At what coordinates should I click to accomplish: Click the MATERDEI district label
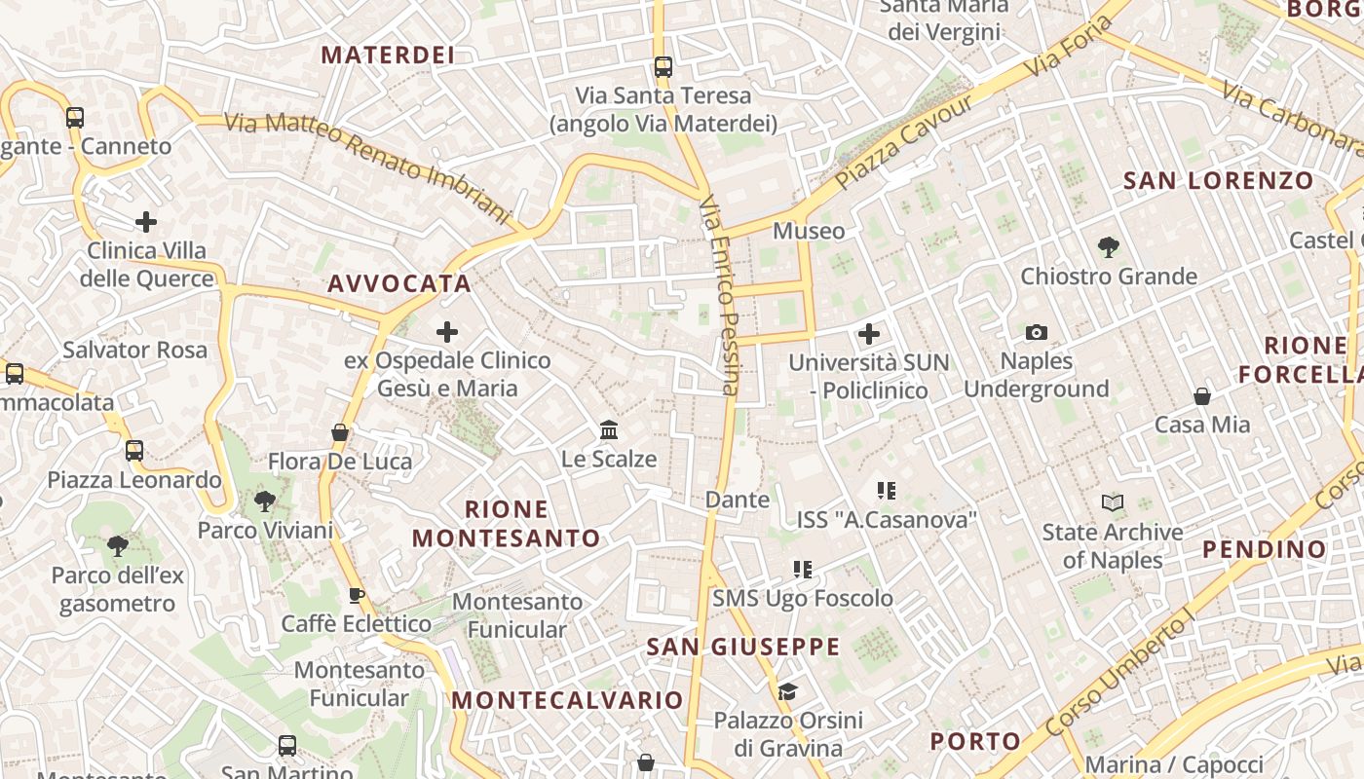[x=388, y=55]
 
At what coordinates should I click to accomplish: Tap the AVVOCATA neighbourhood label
[x=399, y=283]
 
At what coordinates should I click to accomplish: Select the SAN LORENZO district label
[x=1218, y=180]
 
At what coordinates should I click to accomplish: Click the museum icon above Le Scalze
[x=609, y=429]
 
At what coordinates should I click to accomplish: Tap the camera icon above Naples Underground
[x=1037, y=333]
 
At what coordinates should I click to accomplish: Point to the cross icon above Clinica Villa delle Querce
[x=146, y=222]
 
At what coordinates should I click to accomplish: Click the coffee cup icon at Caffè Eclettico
[x=357, y=595]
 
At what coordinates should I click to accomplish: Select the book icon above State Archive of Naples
[x=1113, y=503]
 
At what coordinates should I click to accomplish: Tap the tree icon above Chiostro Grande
[x=1108, y=247]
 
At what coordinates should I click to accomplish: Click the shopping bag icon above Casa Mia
[x=1202, y=396]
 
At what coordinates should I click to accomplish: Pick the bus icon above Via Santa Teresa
[x=663, y=67]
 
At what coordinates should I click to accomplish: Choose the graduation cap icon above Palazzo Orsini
[x=787, y=691]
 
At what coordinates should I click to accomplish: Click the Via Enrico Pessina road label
[x=720, y=296]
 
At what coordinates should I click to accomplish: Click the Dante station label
[x=737, y=500]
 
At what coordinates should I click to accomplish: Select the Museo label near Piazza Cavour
[x=809, y=231]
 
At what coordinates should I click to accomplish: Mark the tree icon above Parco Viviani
[x=264, y=501]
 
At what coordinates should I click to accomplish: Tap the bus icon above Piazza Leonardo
[x=134, y=451]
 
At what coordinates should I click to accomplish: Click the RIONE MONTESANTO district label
[x=507, y=524]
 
